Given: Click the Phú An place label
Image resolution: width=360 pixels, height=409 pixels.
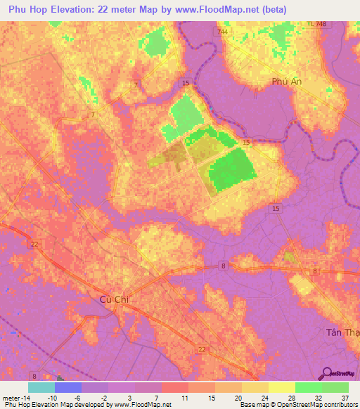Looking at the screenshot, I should (286, 82).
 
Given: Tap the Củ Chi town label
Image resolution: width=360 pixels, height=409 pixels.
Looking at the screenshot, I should (110, 300).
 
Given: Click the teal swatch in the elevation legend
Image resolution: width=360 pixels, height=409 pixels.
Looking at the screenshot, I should (41, 387).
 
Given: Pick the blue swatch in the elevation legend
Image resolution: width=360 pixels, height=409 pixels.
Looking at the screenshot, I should (67, 387).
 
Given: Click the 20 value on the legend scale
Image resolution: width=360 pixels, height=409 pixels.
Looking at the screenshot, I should (238, 398).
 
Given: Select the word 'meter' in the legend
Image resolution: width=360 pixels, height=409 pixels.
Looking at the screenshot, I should (12, 398).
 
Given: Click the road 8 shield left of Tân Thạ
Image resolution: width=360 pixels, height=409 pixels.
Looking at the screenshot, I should (316, 271).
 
